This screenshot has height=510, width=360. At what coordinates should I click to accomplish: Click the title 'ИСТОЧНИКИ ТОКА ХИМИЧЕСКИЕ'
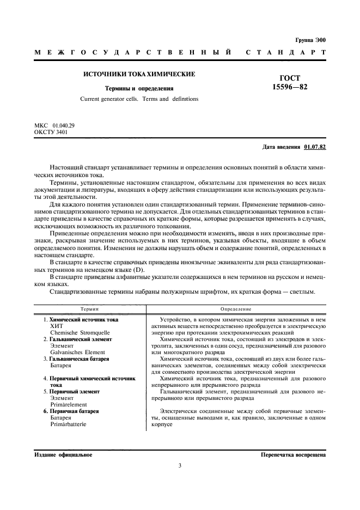coord(139,74)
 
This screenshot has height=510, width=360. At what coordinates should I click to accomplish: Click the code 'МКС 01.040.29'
coord(54,126)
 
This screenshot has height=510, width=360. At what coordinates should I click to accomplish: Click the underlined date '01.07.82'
coord(315,147)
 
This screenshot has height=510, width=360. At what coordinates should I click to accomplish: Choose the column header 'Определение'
coord(235,308)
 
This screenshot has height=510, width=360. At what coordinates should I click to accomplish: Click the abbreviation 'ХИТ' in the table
coord(57,325)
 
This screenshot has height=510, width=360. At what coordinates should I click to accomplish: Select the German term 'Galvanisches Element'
coord(77,352)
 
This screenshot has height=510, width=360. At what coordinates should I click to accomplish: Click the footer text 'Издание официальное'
coord(63,454)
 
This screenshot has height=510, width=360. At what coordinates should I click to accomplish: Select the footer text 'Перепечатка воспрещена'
coord(293,454)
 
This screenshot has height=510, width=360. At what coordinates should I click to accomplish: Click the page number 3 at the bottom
coord(180,465)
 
